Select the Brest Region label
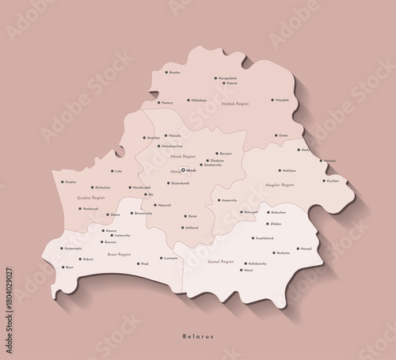pyautogui.click(x=120, y=255)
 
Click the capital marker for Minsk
pyautogui.click(x=183, y=170)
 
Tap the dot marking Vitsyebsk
pyautogui.click(x=272, y=100)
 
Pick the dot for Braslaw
pyautogui.click(x=164, y=72)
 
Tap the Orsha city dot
pyautogui.click(x=276, y=135)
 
